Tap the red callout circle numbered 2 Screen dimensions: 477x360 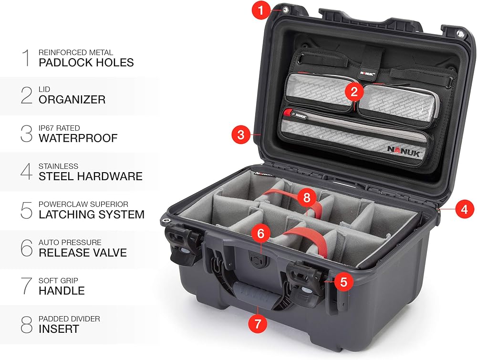click(354, 92)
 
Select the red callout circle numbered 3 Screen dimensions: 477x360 click(241, 134)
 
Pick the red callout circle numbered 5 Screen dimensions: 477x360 click(343, 281)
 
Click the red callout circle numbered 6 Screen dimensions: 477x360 click(260, 233)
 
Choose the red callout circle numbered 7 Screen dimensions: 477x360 click(258, 323)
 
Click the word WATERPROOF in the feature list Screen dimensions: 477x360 click(78, 138)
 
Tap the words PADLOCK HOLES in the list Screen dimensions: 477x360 click(86, 62)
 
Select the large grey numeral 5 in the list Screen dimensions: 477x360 click(26, 210)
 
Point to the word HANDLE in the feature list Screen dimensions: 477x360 click(62, 290)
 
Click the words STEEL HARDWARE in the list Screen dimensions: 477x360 click(90, 176)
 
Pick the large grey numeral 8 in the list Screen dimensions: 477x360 click(26, 324)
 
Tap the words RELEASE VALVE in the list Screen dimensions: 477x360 click(83, 253)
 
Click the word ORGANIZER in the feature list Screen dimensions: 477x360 click(72, 100)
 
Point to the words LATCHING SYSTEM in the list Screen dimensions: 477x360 click(91, 215)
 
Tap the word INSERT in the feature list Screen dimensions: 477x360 click(59, 329)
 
